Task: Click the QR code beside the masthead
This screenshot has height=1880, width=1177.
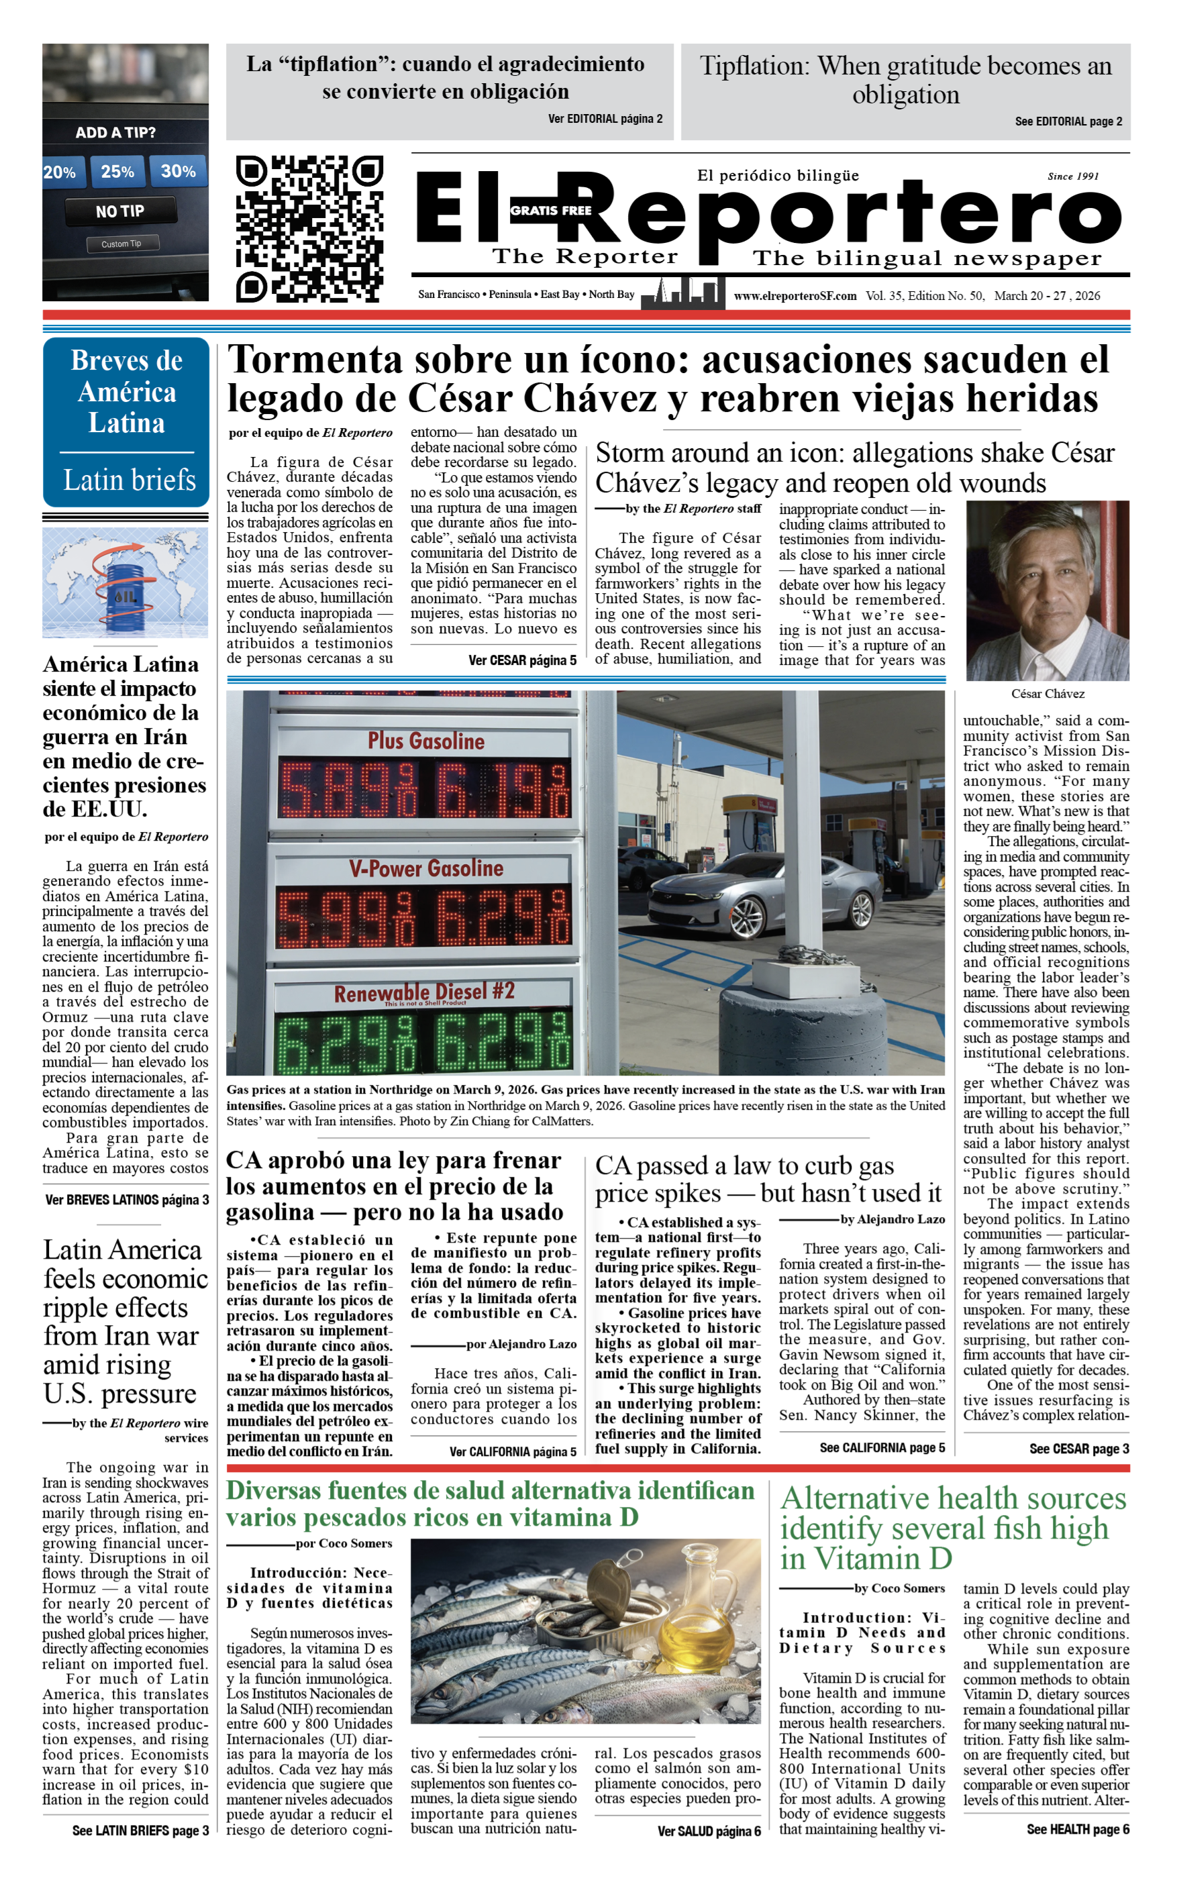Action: pos(309,229)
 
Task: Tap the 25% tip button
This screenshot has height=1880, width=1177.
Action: pos(117,171)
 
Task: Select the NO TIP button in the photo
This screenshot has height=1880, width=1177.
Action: pos(120,211)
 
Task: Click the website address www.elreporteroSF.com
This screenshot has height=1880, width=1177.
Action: pos(794,296)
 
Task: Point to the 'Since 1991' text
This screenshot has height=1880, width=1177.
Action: pos(1073,176)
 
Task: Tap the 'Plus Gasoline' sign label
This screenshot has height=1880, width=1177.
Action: pos(426,741)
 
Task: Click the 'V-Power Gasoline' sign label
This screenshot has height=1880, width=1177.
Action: pos(426,868)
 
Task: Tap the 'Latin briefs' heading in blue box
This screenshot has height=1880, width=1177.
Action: pos(130,480)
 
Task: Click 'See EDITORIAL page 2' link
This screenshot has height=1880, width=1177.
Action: pos(1068,121)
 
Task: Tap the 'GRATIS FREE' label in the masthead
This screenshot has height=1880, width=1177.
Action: pos(550,210)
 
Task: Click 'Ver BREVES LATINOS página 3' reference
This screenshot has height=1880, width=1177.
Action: pos(127,1199)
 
